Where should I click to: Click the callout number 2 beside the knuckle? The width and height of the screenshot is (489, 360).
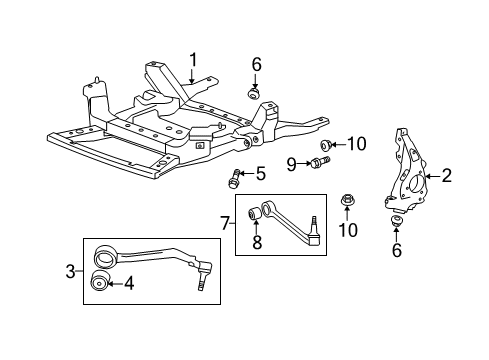[446, 177]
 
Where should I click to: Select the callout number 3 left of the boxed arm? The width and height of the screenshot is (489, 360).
[70, 269]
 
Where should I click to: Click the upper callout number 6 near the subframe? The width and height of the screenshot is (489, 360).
[256, 66]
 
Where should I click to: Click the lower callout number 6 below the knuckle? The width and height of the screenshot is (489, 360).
[396, 250]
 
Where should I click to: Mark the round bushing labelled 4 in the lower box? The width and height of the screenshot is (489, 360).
[100, 284]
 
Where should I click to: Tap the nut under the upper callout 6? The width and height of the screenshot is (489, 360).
[255, 93]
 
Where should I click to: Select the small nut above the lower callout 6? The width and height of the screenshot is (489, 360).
[396, 221]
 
